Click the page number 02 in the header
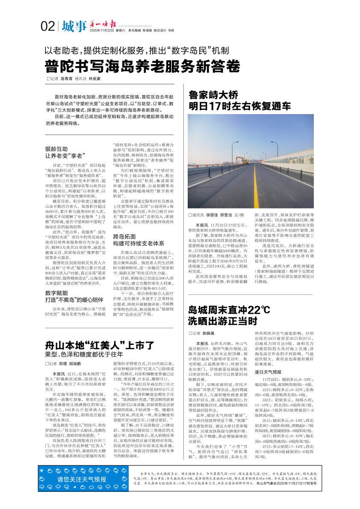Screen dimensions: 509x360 (47, 26)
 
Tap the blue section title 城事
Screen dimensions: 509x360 (74, 26)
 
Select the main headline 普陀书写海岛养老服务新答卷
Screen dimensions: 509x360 (142, 67)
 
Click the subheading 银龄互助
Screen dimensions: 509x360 (56, 149)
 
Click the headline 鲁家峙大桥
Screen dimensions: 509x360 (213, 95)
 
